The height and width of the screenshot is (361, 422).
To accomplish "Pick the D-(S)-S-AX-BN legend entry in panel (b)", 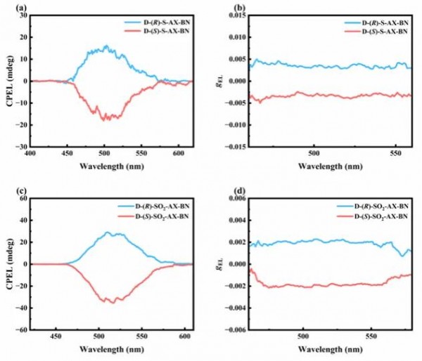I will click(379, 32).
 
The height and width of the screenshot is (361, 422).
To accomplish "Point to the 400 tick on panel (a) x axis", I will click(30, 152).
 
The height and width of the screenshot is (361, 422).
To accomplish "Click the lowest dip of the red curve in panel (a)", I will click(105, 121).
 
